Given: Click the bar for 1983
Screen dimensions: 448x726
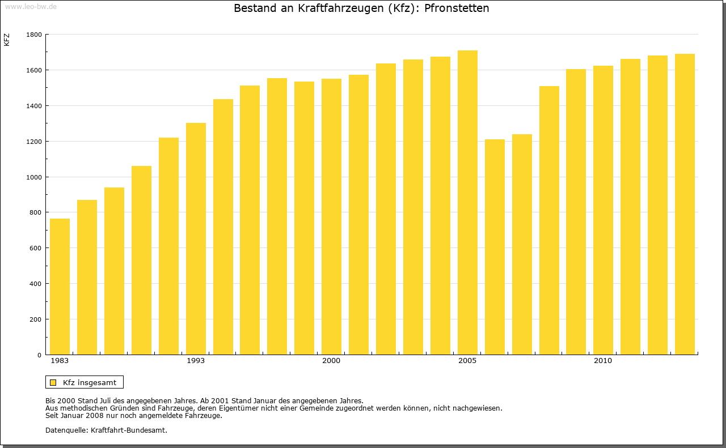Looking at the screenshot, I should tap(60, 287).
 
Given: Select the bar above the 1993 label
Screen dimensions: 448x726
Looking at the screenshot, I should tap(196, 238).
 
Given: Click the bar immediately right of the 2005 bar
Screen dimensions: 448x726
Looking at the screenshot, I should tap(495, 247).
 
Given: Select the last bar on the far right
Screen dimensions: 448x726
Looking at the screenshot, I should tap(685, 204).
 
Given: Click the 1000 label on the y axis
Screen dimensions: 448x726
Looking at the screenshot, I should tap(34, 177).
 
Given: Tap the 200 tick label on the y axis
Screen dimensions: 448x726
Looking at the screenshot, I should tap(36, 319).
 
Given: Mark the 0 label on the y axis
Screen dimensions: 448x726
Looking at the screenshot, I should tap(39, 355).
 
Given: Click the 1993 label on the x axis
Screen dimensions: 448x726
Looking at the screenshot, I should tap(196, 361).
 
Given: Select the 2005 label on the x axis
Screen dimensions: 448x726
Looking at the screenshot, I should tap(467, 361).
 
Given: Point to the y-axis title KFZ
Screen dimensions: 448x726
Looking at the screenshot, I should tap(7, 40).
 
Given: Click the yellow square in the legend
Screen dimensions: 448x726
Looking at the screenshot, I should tap(53, 382).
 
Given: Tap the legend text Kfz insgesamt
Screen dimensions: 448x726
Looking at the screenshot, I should tap(90, 382).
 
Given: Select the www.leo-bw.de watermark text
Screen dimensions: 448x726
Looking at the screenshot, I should tap(30, 6).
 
